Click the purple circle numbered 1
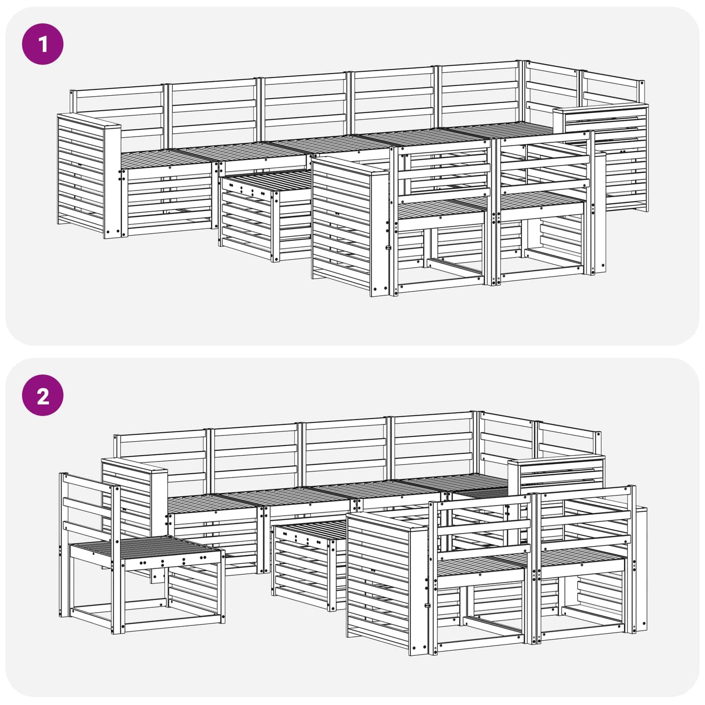pyautogui.click(x=43, y=44)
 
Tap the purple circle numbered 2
pyautogui.click(x=43, y=395)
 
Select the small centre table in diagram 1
pyautogui.click(x=266, y=216)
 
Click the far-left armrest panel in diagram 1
pyautogui.click(x=89, y=176)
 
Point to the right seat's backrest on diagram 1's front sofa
pyautogui.click(x=544, y=164)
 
